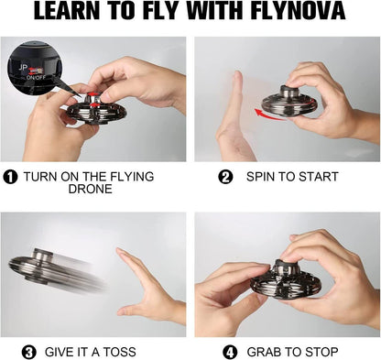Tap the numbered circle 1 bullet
pyautogui.click(x=11, y=177)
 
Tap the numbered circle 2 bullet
pyautogui.click(x=225, y=177)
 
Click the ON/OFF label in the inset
pyautogui.click(x=36, y=77)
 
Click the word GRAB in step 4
pyautogui.click(x=265, y=352)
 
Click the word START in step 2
pyautogui.click(x=317, y=177)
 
